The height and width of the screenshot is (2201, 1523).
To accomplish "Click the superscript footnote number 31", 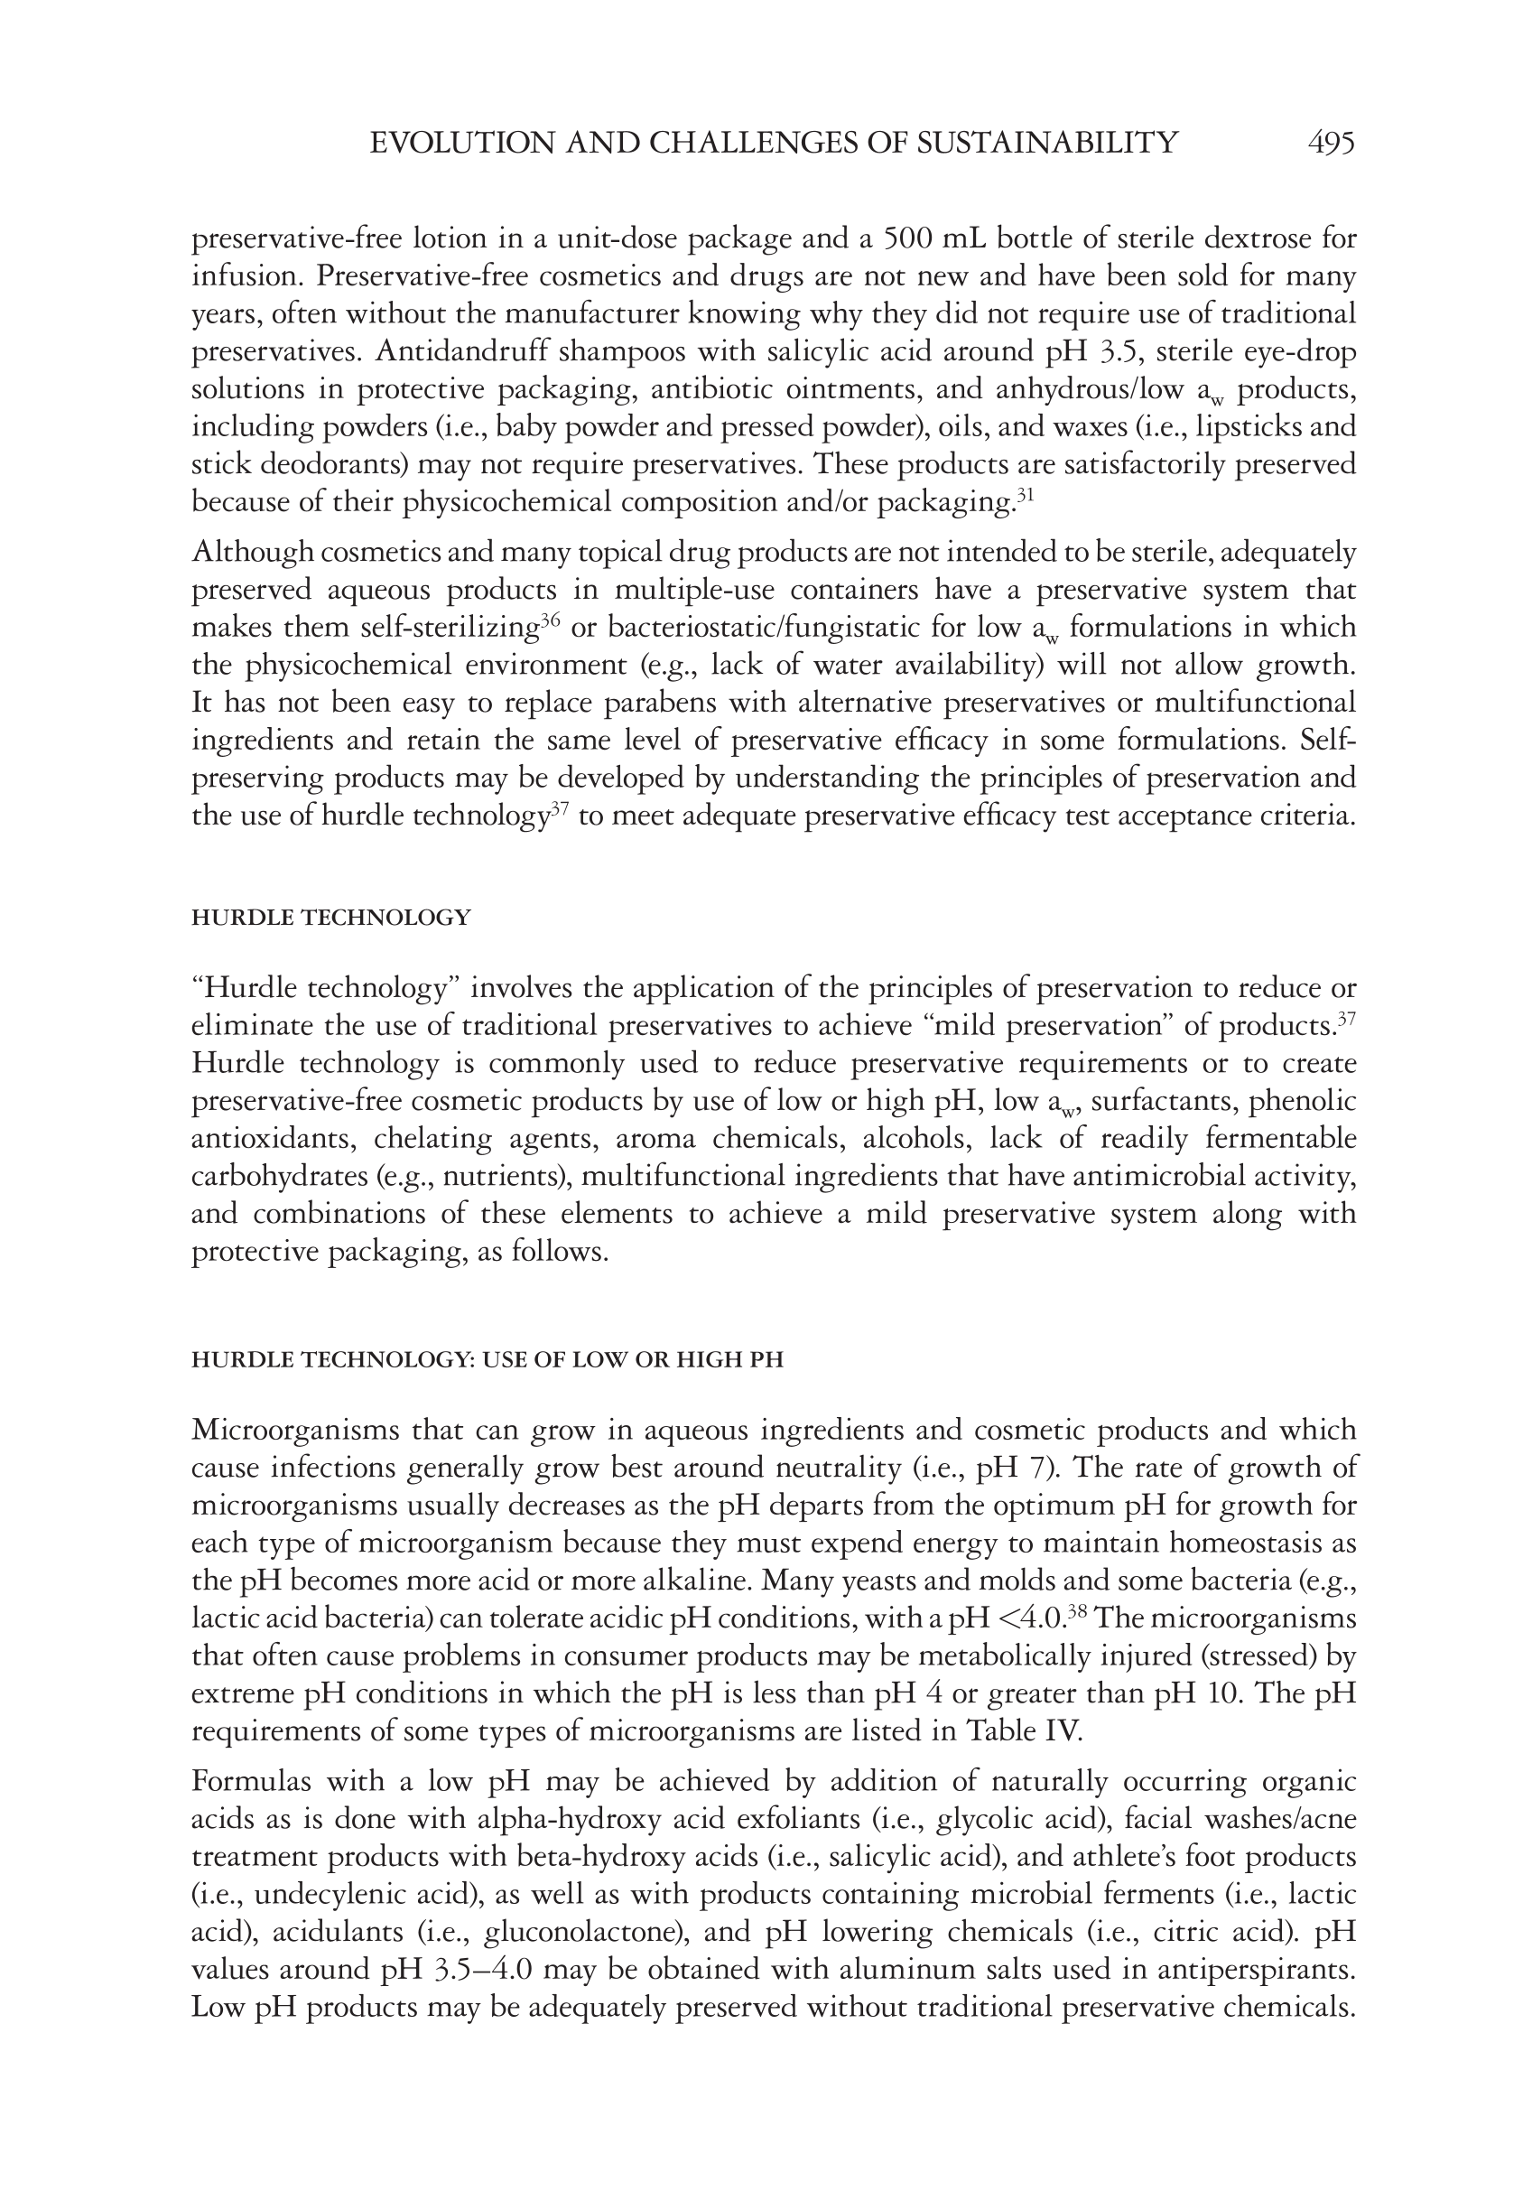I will [1026, 495].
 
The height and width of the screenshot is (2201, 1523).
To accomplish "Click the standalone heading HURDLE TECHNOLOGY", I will [331, 919].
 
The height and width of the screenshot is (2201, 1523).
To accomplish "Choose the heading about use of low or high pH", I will [487, 1360].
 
